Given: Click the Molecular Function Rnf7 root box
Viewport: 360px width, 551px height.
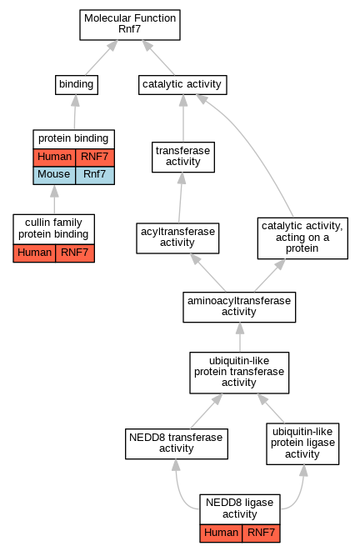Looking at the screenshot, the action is tap(130, 25).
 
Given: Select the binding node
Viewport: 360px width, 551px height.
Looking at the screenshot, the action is tap(77, 85).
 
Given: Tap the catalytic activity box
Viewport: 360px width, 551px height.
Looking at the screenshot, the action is tap(182, 85).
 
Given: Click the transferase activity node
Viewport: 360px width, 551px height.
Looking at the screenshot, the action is tap(183, 157).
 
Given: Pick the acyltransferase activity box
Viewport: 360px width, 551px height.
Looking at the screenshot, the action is tap(177, 238).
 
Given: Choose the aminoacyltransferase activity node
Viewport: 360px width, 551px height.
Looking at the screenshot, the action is tap(239, 307).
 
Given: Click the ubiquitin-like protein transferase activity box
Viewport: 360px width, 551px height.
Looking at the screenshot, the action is tap(239, 373).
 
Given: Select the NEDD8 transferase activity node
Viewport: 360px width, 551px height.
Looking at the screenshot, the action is tap(177, 443).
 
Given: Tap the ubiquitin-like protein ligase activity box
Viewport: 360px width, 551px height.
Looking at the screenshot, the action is tap(302, 443).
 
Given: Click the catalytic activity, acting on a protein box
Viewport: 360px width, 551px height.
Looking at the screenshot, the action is tap(302, 238).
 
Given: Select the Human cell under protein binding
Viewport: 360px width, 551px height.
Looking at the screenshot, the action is tap(54, 158).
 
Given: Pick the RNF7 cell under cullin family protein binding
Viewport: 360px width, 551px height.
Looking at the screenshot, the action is tap(75, 253).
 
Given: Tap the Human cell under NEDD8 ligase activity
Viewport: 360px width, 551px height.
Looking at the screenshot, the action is tap(222, 533).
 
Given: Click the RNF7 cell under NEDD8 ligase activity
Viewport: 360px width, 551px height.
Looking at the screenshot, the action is tap(262, 533).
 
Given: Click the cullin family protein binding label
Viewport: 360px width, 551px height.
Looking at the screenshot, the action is tap(53, 228).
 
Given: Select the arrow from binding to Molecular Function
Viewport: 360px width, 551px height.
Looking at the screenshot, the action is tap(102, 58).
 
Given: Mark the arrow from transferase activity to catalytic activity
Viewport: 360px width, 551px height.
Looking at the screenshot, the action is tap(183, 118).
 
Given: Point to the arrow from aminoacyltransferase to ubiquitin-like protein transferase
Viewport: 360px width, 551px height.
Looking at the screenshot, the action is tap(240, 337).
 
